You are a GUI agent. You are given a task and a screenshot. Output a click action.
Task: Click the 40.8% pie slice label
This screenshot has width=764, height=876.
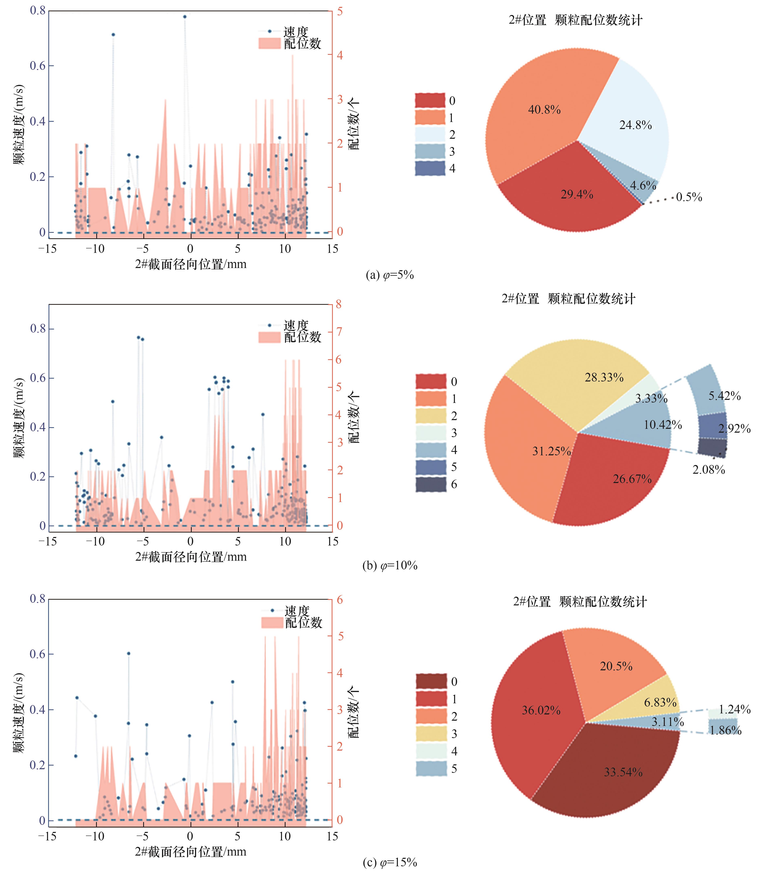click(544, 110)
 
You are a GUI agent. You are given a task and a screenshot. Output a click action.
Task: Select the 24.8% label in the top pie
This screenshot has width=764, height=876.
click(635, 125)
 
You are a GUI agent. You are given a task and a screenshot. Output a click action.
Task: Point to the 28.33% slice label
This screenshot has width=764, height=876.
click(604, 377)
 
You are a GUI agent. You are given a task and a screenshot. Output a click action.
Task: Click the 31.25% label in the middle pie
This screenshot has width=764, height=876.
click(551, 451)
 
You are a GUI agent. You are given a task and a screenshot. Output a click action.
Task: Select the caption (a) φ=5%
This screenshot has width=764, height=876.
click(390, 275)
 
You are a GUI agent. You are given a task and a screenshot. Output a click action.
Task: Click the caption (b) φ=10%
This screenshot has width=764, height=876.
click(390, 566)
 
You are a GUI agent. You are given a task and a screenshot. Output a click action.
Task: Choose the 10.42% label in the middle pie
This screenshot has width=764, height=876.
click(662, 425)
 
